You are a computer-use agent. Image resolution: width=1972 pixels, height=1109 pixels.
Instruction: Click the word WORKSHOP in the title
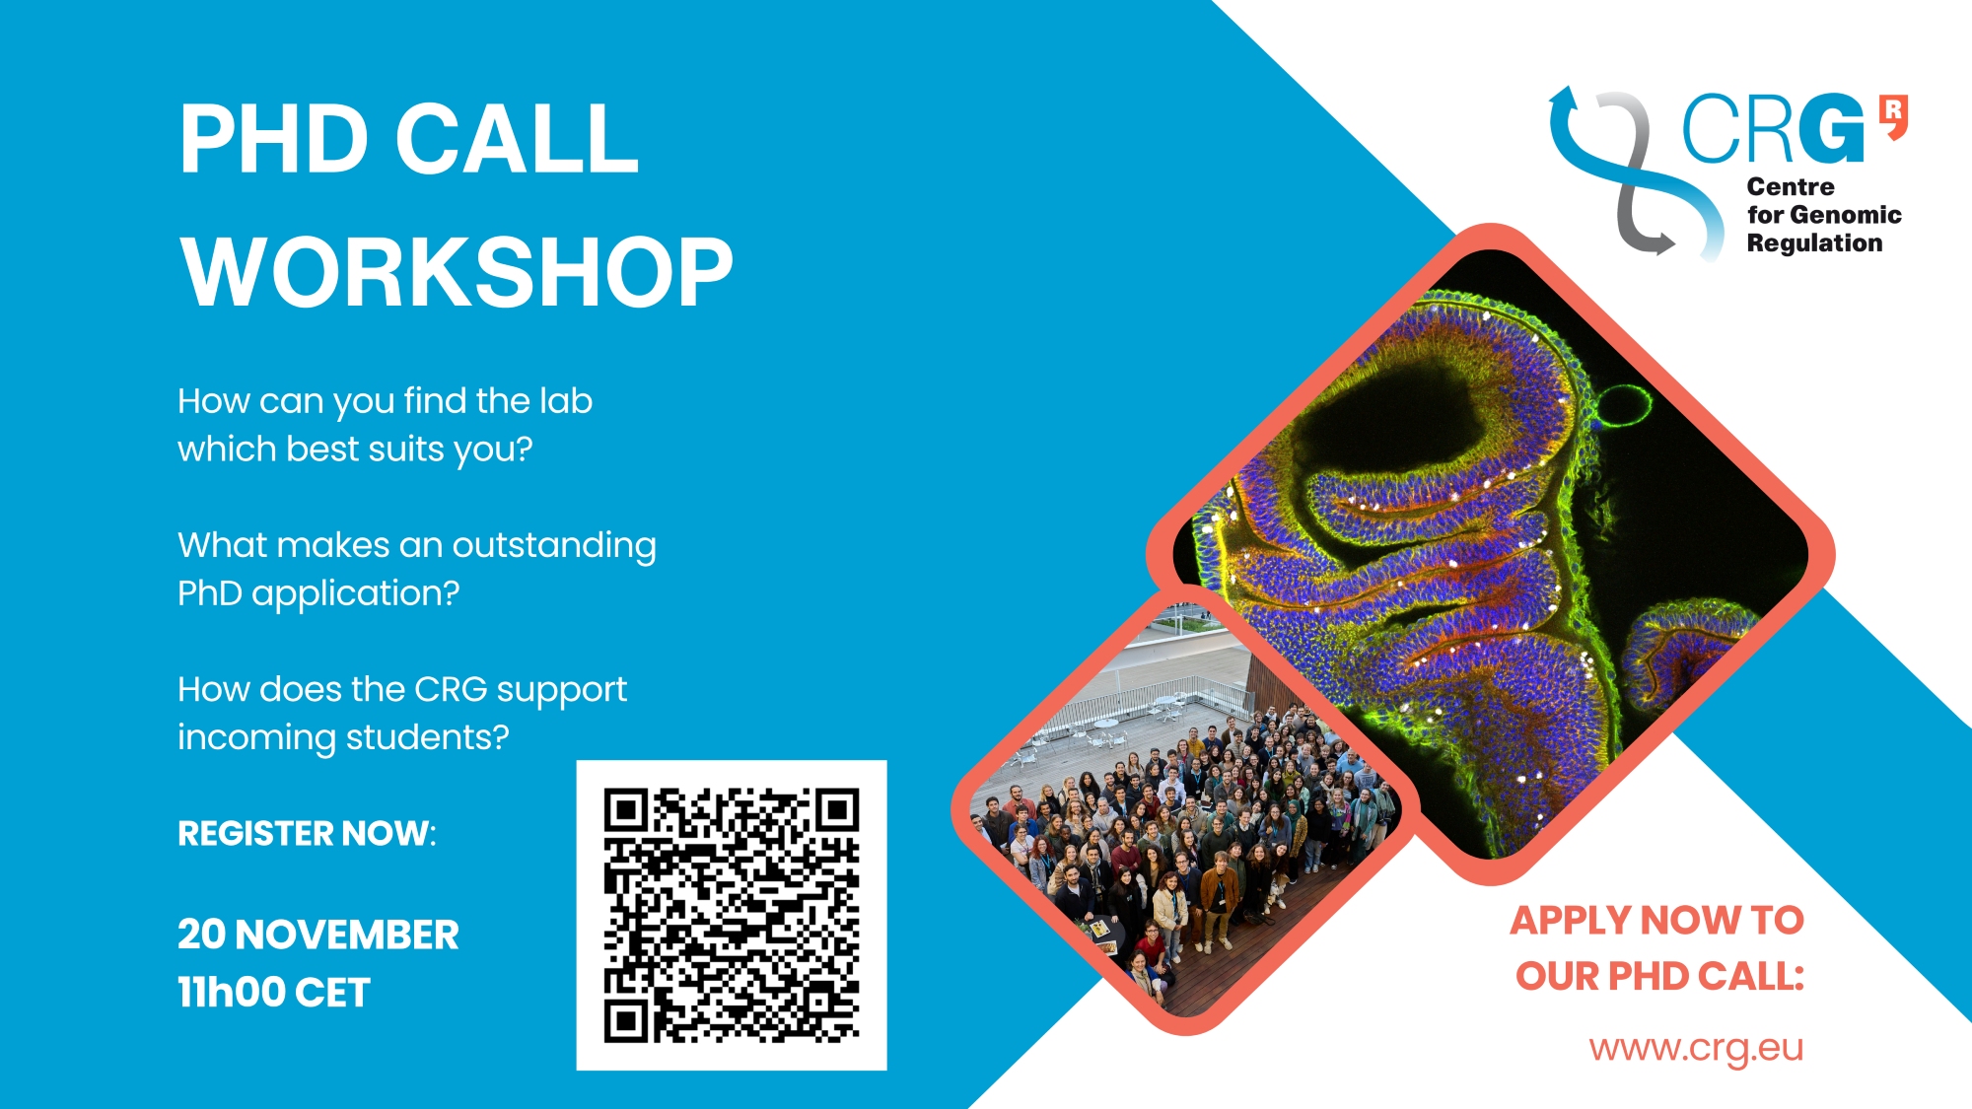(x=457, y=272)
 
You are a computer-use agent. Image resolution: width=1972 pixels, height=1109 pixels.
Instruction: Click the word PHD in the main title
(x=274, y=139)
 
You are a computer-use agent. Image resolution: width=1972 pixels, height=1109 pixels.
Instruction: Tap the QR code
(x=732, y=915)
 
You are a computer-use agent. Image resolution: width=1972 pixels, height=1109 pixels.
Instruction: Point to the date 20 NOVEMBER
(x=317, y=935)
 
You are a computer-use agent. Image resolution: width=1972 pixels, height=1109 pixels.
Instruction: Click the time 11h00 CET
(x=273, y=993)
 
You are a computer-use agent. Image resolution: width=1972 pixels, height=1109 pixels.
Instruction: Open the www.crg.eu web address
(x=1696, y=1048)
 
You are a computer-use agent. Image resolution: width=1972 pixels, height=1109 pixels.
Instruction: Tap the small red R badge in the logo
(x=1893, y=115)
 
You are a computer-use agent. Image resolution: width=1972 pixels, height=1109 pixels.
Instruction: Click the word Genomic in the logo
(x=1846, y=215)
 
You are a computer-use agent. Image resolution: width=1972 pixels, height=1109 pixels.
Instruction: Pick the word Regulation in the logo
(x=1814, y=243)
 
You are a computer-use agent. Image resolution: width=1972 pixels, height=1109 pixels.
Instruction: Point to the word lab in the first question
(x=566, y=401)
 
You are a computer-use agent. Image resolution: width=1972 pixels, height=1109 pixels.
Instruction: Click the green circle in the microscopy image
(x=1624, y=405)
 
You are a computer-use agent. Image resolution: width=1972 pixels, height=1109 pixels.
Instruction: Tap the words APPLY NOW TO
(x=1656, y=921)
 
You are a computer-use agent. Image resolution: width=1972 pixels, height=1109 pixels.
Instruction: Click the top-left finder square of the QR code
(x=626, y=810)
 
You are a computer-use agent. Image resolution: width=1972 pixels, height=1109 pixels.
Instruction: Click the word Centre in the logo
(x=1791, y=186)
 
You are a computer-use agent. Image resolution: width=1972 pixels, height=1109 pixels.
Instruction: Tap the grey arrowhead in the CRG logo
(x=1662, y=242)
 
